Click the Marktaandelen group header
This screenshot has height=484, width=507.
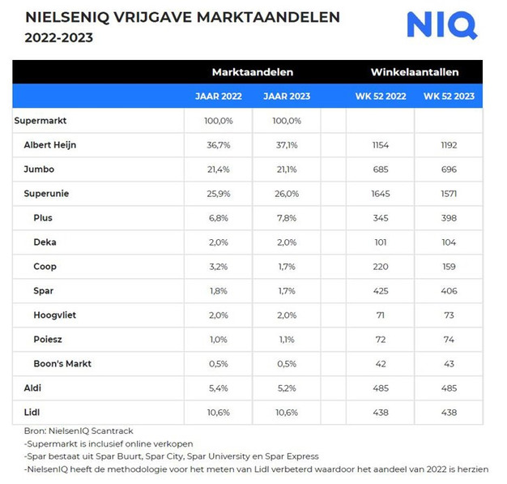[252, 72]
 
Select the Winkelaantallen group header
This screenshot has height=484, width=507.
[414, 72]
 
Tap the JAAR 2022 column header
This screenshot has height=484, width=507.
[218, 96]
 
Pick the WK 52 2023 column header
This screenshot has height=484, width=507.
[449, 96]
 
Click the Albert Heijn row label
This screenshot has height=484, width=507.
[50, 145]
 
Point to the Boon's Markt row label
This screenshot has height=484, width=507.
[62, 363]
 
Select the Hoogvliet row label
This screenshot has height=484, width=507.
[55, 315]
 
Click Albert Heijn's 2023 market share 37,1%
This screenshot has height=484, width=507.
[287, 145]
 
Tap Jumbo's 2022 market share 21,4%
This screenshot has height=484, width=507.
[219, 169]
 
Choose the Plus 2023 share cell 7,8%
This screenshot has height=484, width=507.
[287, 218]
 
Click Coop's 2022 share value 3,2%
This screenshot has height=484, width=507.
[219, 267]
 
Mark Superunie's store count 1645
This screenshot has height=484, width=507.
[380, 194]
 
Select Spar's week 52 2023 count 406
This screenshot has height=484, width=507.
[449, 291]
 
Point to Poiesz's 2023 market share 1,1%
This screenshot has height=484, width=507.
[287, 339]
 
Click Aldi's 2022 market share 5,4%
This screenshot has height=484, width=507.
[219, 389]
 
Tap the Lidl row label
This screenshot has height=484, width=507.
[32, 413]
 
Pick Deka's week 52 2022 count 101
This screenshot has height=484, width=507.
[380, 242]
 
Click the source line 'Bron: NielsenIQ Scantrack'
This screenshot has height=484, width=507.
[78, 431]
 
